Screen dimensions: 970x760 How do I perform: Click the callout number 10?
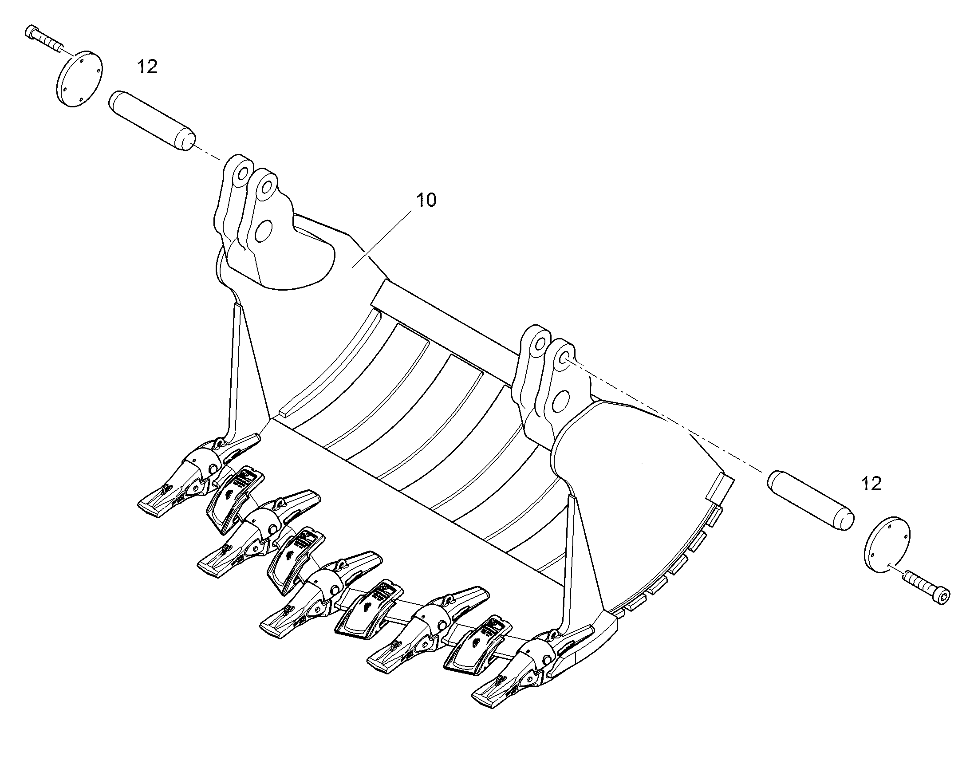426,200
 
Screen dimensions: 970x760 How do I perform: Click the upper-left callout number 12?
147,67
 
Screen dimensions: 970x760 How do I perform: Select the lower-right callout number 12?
871,484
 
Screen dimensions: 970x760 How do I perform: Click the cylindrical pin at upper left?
152,121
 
